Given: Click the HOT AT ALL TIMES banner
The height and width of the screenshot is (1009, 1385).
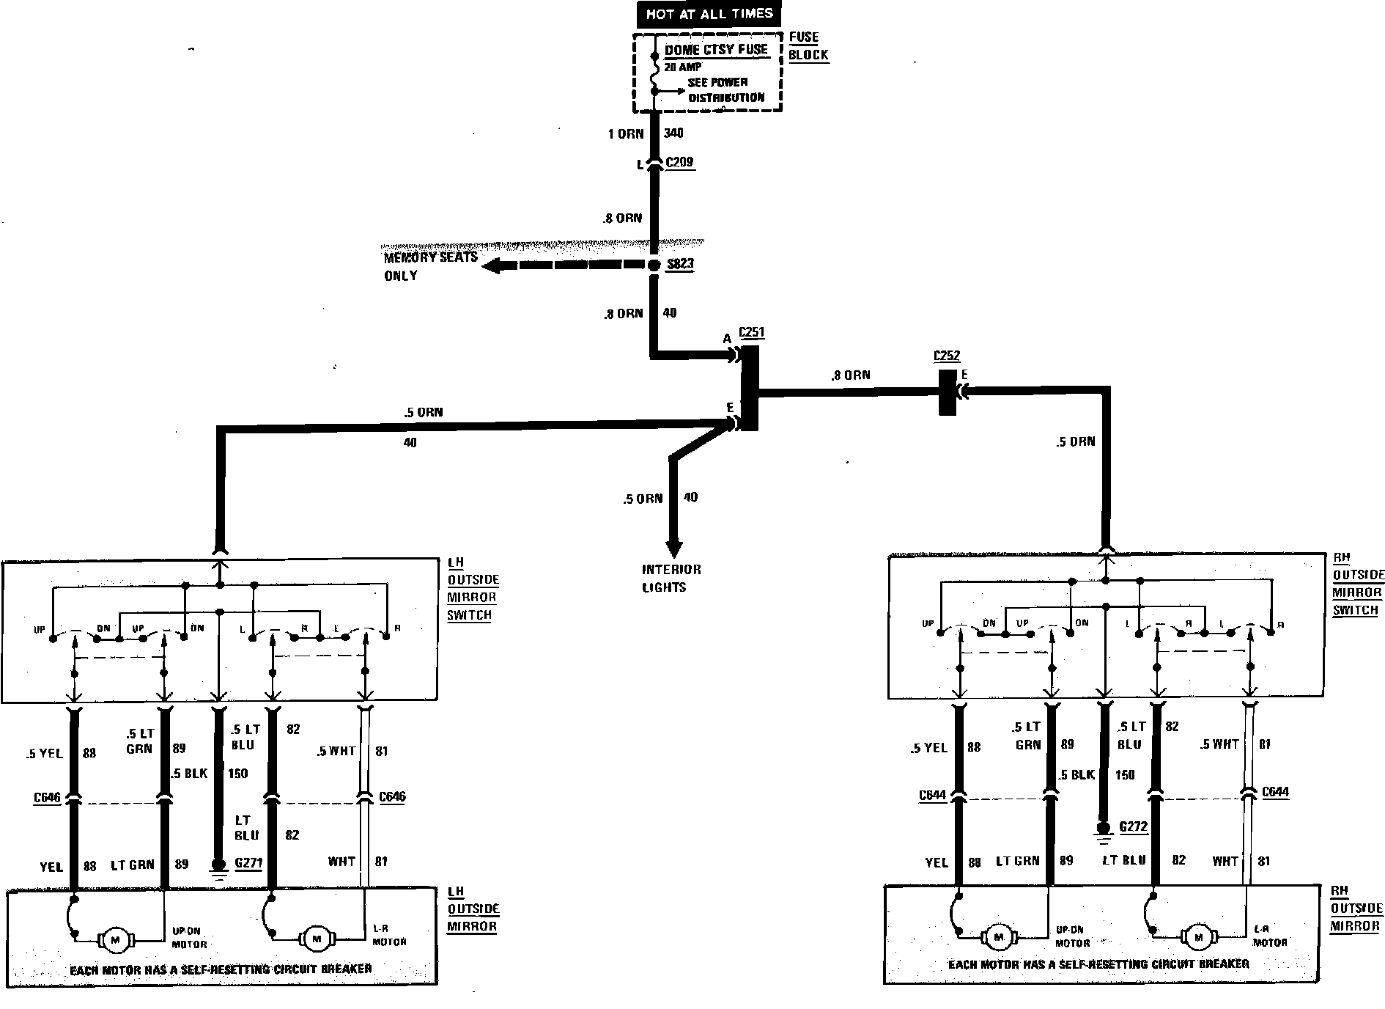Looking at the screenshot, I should tap(709, 14).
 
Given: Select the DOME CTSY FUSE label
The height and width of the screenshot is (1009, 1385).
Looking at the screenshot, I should tap(716, 50).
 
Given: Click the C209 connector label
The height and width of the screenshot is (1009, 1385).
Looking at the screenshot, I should tap(679, 163).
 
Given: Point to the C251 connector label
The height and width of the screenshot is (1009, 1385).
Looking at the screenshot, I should tap(752, 332).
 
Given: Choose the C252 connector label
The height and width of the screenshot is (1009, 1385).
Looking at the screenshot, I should tap(946, 356).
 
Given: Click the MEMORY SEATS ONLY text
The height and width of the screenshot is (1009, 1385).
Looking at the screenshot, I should tap(430, 266).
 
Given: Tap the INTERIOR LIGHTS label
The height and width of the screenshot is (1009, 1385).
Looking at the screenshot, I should tap(671, 579).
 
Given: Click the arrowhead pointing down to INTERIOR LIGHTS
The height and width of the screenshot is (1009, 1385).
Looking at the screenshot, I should tap(673, 549).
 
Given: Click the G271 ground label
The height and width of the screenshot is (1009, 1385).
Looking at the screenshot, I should tap(248, 863).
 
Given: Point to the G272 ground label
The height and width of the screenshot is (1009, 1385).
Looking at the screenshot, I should tap(1133, 826).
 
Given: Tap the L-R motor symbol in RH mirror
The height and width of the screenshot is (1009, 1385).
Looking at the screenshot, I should tap(1199, 937).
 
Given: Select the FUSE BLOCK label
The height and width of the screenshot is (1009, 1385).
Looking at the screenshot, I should tap(808, 45).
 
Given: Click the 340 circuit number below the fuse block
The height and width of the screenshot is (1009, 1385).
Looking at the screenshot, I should tap(673, 133).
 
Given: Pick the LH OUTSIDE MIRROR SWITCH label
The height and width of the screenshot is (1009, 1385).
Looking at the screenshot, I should tap(473, 589).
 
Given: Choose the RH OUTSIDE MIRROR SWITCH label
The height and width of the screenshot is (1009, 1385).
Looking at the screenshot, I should tap(1358, 584).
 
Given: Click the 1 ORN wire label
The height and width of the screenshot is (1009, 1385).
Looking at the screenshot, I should tap(626, 133).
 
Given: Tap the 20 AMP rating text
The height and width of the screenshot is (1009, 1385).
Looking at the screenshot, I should tap(683, 67).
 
